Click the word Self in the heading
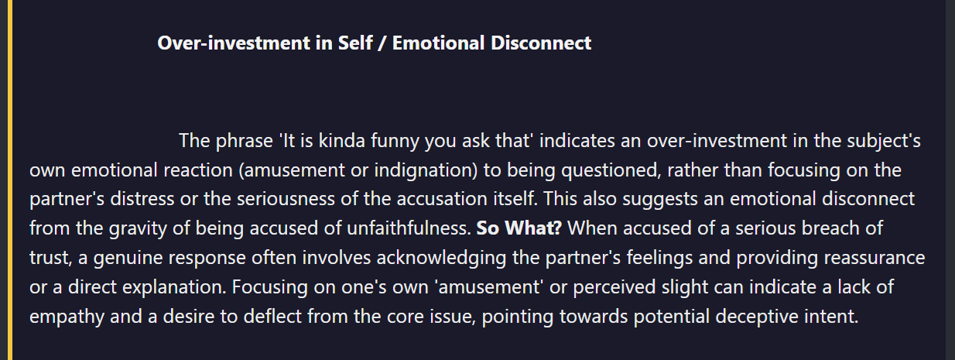coord(355,43)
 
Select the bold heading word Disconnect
coord(541,43)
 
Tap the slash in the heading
coord(382,43)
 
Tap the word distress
coord(142,199)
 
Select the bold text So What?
coord(519,228)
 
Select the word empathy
coord(67,317)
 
